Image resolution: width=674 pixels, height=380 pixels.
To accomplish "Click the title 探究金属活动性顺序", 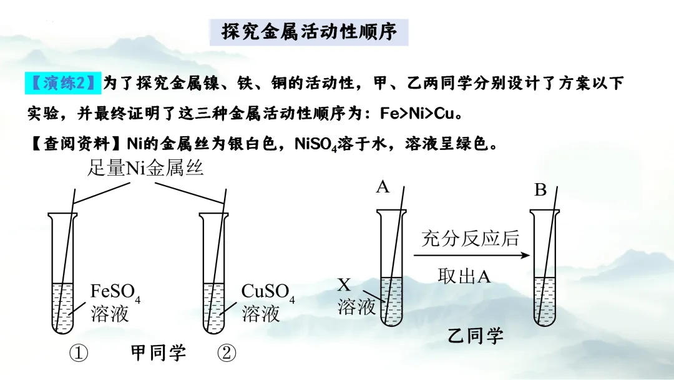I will pos(310,31).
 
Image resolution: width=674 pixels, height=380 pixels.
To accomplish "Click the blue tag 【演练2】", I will pos(63,82).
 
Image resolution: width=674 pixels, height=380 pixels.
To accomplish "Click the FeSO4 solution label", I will pos(115,301).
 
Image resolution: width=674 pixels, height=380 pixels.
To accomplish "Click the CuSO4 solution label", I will pos(267,301).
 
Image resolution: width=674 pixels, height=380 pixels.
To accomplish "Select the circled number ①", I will pos(79,354).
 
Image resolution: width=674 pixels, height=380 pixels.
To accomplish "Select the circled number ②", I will pos(227,354).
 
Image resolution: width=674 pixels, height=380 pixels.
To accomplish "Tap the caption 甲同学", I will pos(159,353).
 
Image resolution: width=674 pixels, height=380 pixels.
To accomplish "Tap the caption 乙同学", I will pos(476,336).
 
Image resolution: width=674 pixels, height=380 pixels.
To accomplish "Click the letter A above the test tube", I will pos(383,186).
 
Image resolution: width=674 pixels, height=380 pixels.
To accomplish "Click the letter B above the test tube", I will pos(540,190).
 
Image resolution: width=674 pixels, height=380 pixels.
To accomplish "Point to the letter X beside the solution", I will pos(344,286).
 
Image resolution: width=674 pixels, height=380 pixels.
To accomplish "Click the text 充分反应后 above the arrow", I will pos(470,238).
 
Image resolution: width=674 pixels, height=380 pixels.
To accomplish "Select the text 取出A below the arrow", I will pos(464,276).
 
